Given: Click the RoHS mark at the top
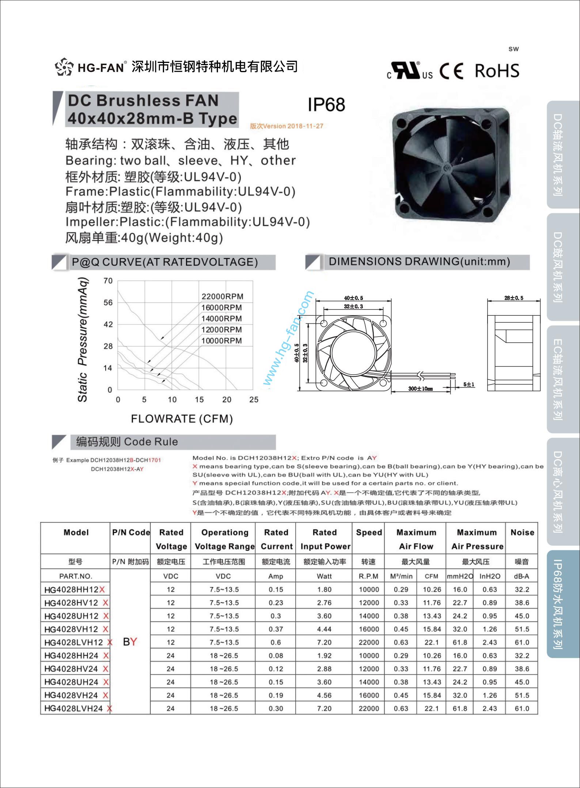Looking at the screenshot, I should (x=497, y=71).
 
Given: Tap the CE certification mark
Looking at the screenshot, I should (x=451, y=71).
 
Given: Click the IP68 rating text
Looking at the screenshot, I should (x=326, y=105).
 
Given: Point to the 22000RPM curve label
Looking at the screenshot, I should (x=222, y=296).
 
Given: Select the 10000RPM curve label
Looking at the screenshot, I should (x=221, y=341).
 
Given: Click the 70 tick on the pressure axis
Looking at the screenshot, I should (x=108, y=281).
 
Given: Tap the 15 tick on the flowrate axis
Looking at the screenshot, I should (x=199, y=399).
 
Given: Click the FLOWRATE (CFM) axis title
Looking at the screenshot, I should (x=182, y=419).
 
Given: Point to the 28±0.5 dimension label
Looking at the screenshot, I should (x=513, y=298).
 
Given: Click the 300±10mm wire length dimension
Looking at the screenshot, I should (x=420, y=389).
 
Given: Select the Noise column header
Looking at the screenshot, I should (x=522, y=532).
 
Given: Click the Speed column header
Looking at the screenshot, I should (x=369, y=532).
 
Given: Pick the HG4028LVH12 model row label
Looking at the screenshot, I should (x=74, y=642).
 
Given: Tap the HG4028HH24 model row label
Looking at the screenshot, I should (x=72, y=656).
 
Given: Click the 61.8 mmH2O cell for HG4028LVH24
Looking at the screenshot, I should (x=460, y=708).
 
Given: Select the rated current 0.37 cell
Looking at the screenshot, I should (x=276, y=629).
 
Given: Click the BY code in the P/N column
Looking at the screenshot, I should (x=130, y=642).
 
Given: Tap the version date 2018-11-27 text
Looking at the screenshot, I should (x=305, y=126).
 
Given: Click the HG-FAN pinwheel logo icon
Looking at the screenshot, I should (x=64, y=67).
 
